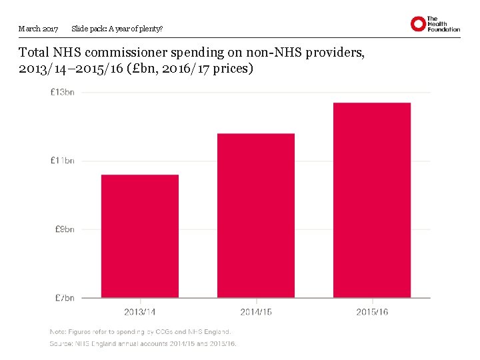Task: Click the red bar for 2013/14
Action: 140,236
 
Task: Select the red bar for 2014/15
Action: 256,215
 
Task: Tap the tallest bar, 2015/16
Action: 372,200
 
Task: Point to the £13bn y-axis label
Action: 62,92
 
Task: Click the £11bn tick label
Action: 62,161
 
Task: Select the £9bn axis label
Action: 64,229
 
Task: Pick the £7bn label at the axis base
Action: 64,297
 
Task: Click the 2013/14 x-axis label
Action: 140,311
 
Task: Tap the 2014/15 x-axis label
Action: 256,311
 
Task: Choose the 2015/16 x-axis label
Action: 372,311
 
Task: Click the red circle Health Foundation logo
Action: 418,24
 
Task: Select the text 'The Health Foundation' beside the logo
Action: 443,24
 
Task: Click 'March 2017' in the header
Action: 39,29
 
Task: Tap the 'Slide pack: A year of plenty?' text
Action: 117,29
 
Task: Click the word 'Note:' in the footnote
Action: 59,331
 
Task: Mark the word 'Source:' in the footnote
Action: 61,344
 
